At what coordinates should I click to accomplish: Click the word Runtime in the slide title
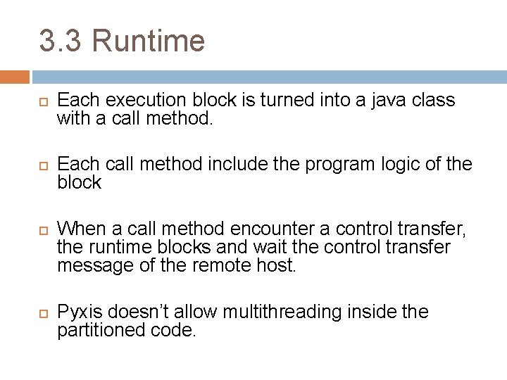[148, 42]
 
